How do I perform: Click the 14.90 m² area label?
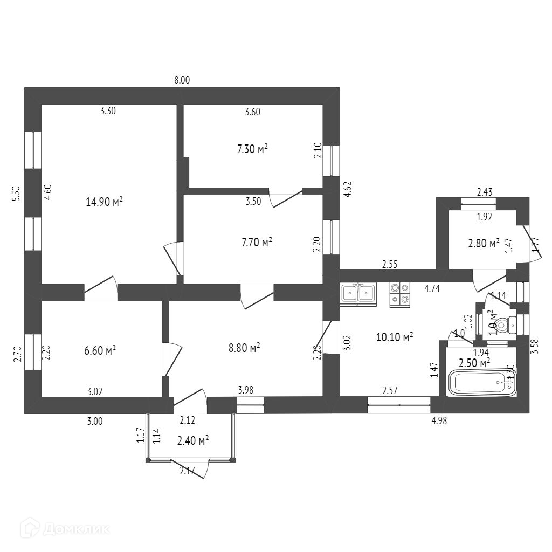coord(104,202)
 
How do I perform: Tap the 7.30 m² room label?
coord(253,149)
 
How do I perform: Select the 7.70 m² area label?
coord(257,243)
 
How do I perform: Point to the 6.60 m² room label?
coord(101,350)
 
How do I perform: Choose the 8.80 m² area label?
coord(245,348)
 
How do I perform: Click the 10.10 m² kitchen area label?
coord(395,337)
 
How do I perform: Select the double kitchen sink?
coord(358,293)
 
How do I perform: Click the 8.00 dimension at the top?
coord(182,80)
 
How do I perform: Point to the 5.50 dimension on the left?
coord(16,194)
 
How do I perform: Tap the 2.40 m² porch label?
coord(193,441)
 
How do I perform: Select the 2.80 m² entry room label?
coord(484,243)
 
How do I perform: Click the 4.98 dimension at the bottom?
coord(439,421)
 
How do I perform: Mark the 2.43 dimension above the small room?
coord(485,191)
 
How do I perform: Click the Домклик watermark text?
coord(76,528)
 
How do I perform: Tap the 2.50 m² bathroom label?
coord(474,362)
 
